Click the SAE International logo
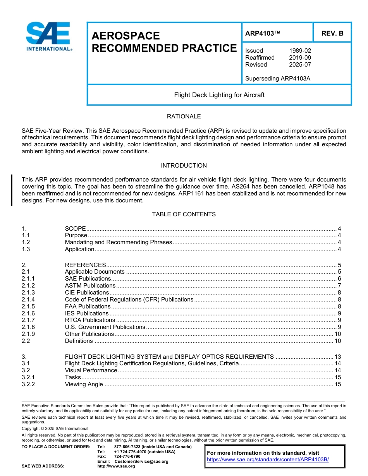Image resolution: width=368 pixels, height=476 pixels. tap(48, 37)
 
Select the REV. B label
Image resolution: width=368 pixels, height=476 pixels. tap(332, 34)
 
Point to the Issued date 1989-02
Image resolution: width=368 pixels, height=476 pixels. tap(300, 51)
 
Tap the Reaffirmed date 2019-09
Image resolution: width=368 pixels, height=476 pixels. tap(300, 58)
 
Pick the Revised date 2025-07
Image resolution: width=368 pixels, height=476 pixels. tap(300, 65)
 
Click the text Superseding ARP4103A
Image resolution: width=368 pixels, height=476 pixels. tap(277, 79)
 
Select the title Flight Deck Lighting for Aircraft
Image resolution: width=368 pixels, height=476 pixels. tap(219, 95)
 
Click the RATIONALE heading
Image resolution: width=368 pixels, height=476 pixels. tap(184, 116)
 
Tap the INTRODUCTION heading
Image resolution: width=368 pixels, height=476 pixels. tap(184, 166)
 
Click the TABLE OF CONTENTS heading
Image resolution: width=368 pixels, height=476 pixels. tap(184, 214)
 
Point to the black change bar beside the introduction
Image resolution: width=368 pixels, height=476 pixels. tap(12, 190)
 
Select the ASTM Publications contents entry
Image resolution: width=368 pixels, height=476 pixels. tap(90, 286)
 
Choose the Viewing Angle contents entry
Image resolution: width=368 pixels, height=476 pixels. tap(84, 384)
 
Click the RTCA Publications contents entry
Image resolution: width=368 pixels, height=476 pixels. tap(90, 320)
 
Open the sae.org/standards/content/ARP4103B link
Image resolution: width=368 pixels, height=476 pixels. tap(268, 460)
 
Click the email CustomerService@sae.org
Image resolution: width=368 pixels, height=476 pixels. tap(141, 461)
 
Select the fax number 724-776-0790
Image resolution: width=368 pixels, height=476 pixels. tap(127, 457)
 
